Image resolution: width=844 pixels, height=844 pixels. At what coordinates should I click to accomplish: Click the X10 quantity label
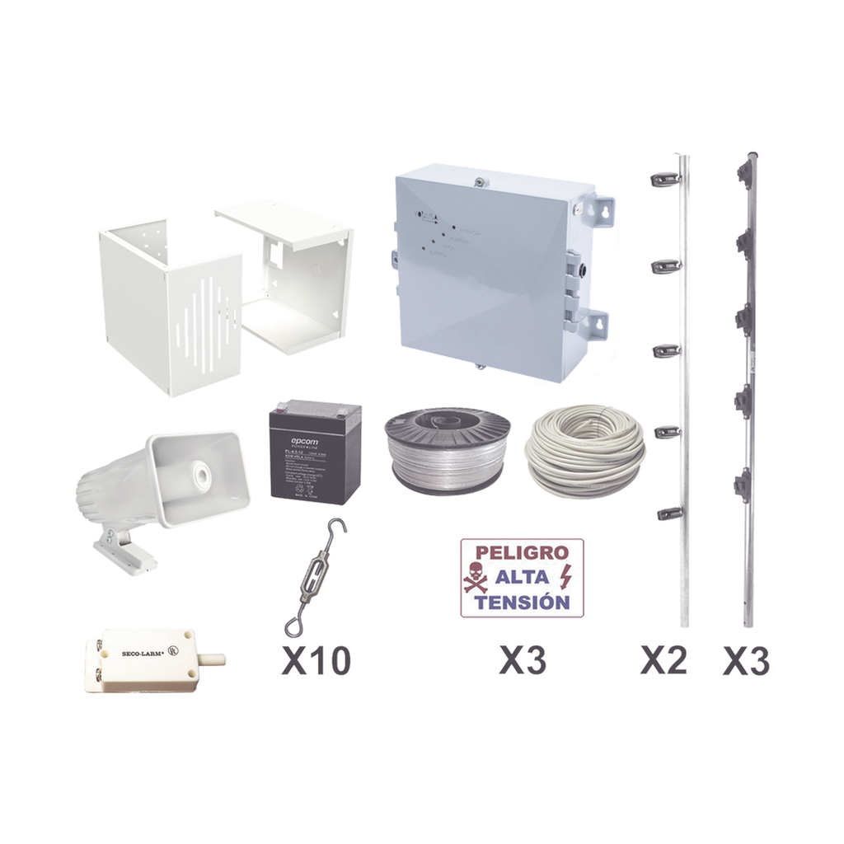tap(316, 661)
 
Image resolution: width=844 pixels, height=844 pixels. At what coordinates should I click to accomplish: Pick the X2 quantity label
tap(664, 661)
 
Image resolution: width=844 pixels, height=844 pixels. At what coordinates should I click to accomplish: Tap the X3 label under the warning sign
tap(522, 661)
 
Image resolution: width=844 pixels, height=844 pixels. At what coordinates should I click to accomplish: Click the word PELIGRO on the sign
tap(522, 552)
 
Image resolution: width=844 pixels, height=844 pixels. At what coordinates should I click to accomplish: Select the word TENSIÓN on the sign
tap(522, 603)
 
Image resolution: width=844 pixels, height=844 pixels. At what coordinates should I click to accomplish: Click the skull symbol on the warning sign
tap(476, 577)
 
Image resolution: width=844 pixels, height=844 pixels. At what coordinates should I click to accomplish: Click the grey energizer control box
tap(495, 272)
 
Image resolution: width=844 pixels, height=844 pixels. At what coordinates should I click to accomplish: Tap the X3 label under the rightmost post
tap(747, 661)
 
